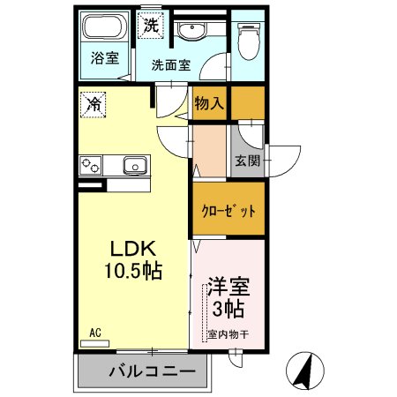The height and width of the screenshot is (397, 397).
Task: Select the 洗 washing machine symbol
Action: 152,26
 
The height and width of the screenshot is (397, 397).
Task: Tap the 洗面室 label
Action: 170,64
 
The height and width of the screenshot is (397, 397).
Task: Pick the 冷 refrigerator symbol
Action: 94,103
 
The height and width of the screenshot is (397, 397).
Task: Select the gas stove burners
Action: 93,165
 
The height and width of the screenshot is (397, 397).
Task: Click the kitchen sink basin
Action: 134,165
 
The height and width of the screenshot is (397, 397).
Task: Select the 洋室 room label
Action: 227,287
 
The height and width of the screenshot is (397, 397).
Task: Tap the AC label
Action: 95,333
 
